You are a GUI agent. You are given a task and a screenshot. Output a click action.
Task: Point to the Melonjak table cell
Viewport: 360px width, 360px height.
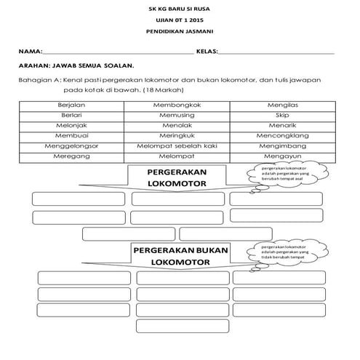(71, 125)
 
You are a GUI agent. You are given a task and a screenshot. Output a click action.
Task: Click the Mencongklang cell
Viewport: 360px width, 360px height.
(282, 135)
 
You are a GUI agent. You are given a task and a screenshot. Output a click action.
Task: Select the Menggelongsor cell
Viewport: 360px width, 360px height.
(71, 145)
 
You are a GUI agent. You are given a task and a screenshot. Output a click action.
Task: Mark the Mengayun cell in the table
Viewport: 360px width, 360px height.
(282, 156)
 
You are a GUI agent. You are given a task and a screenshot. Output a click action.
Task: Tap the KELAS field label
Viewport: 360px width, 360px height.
(207, 53)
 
